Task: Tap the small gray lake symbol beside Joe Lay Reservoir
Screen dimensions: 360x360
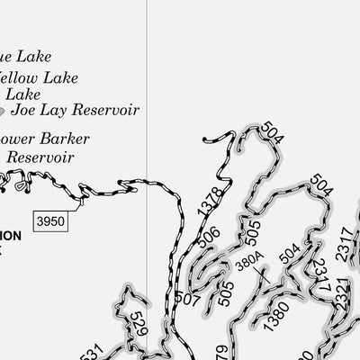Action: click(x=3, y=112)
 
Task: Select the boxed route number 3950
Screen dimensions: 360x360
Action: click(x=51, y=220)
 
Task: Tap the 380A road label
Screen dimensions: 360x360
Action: click(x=248, y=264)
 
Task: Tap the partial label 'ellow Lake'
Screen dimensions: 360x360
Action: click(x=40, y=78)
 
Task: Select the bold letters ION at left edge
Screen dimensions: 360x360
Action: click(x=9, y=236)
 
